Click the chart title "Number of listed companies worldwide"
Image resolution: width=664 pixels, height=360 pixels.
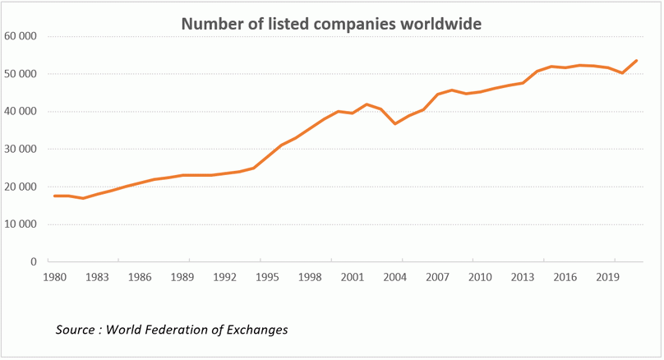click(x=331, y=24)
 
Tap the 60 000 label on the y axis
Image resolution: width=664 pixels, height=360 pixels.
click(x=21, y=37)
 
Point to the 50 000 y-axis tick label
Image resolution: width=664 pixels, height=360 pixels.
click(x=21, y=74)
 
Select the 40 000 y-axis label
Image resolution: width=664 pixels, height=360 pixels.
click(x=21, y=112)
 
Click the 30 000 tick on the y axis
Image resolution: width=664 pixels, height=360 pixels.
click(x=21, y=150)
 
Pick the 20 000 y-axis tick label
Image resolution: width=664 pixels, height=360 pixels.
click(x=21, y=187)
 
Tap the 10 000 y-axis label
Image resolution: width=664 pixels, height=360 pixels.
click(x=21, y=224)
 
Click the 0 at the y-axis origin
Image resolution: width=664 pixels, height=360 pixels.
click(x=35, y=262)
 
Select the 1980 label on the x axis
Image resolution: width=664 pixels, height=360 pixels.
click(x=54, y=278)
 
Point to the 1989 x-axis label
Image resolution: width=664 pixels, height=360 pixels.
click(x=182, y=278)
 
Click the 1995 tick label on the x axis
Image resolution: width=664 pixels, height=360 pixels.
click(x=267, y=278)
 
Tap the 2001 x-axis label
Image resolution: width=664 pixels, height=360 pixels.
click(x=353, y=278)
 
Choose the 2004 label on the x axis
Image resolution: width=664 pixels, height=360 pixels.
click(x=395, y=278)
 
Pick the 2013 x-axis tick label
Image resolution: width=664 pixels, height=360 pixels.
click(x=523, y=278)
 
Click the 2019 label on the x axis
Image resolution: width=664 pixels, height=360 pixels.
click(x=608, y=278)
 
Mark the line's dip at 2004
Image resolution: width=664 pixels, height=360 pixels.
click(x=395, y=123)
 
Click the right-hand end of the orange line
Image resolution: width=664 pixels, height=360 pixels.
click(x=637, y=61)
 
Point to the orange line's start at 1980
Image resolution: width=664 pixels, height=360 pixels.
click(x=54, y=196)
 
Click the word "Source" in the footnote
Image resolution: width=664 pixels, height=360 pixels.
click(x=75, y=330)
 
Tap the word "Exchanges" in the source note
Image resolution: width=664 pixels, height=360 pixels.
click(x=257, y=330)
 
